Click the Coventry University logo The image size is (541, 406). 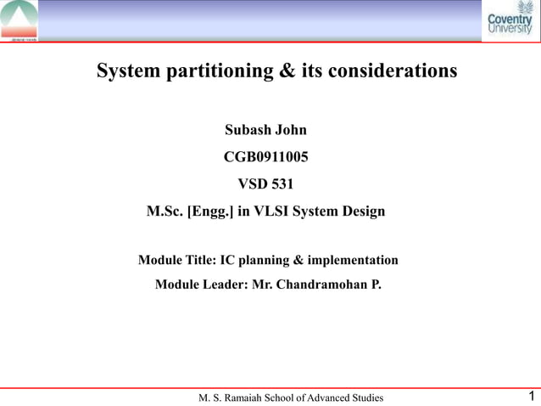[x=510, y=20]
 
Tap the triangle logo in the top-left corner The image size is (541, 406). [x=19, y=20]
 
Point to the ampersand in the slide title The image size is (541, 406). [x=287, y=70]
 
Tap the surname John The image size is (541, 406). [x=291, y=131]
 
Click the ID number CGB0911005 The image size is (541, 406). [x=265, y=157]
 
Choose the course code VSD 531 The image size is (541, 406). [x=265, y=183]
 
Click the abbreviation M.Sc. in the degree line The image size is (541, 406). [x=165, y=211]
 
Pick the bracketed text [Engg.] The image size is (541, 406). [x=210, y=211]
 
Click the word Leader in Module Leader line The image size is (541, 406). [x=225, y=285]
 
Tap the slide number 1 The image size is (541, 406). [x=530, y=396]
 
